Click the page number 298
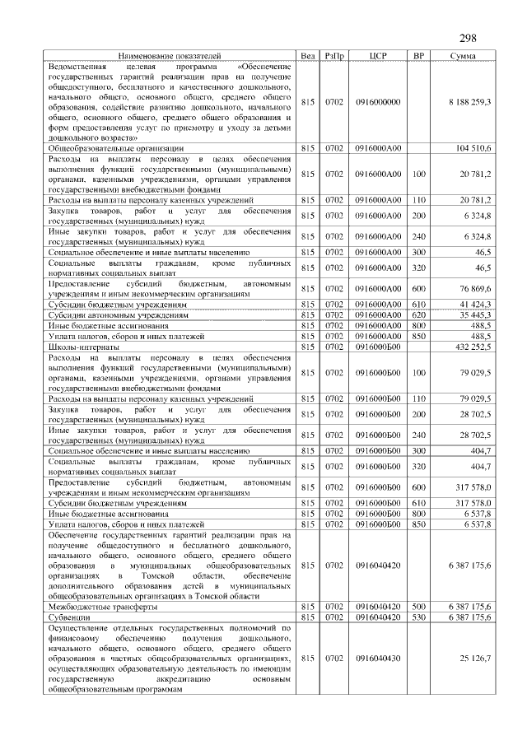point(468,37)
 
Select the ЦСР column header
point(378,55)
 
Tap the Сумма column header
point(461,55)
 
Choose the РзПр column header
point(334,55)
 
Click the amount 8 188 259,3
point(470,101)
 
